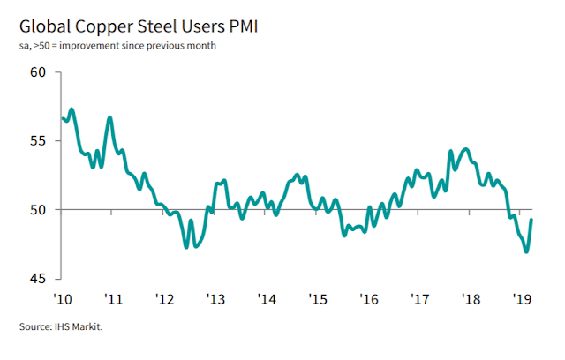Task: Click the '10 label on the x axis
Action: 63,300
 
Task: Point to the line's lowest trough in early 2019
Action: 527,251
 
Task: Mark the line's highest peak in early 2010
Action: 72,109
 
